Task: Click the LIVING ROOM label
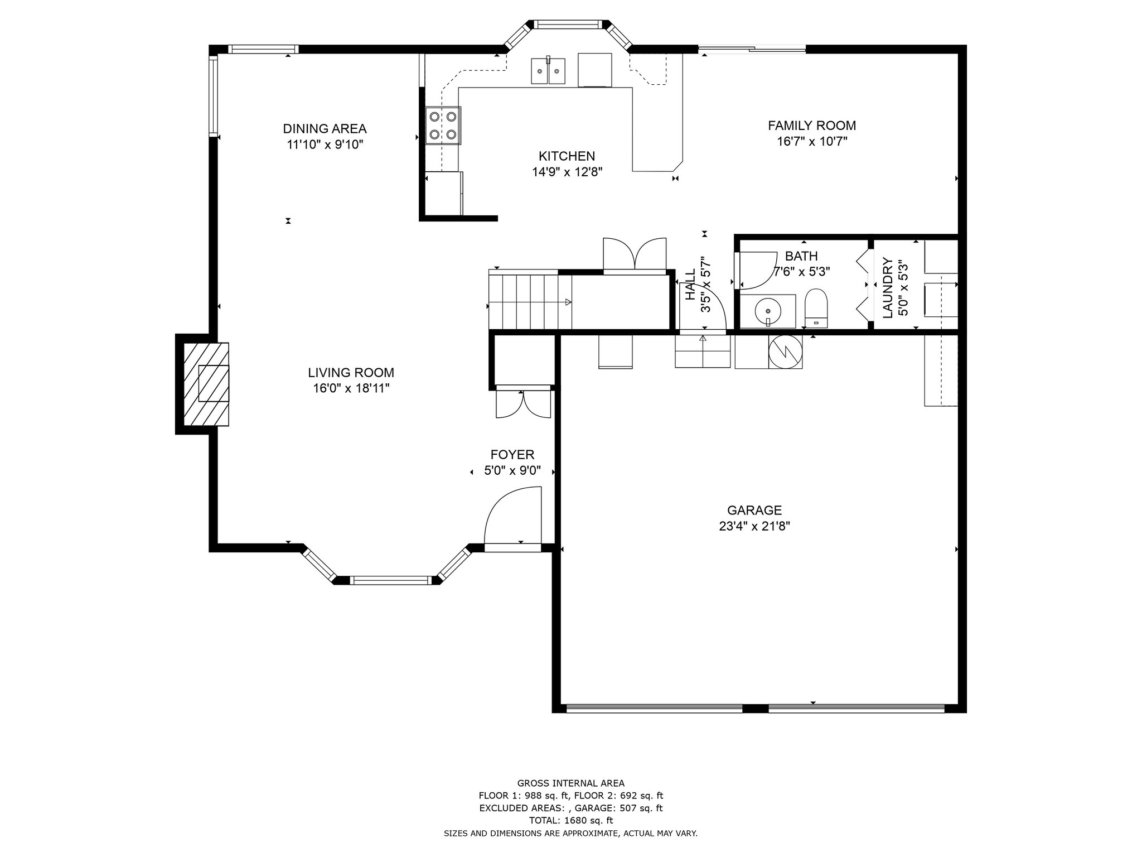point(351,373)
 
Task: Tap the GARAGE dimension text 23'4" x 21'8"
point(754,526)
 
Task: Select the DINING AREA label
point(325,129)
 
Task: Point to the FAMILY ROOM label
point(812,126)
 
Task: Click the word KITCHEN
point(567,156)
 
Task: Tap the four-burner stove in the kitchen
point(443,126)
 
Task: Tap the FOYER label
point(512,455)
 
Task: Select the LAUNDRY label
point(888,288)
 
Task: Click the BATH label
point(801,256)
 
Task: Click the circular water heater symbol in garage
point(785,352)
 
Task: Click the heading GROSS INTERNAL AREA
point(571,783)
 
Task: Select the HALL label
point(691,285)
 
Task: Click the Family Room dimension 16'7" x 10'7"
point(812,141)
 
